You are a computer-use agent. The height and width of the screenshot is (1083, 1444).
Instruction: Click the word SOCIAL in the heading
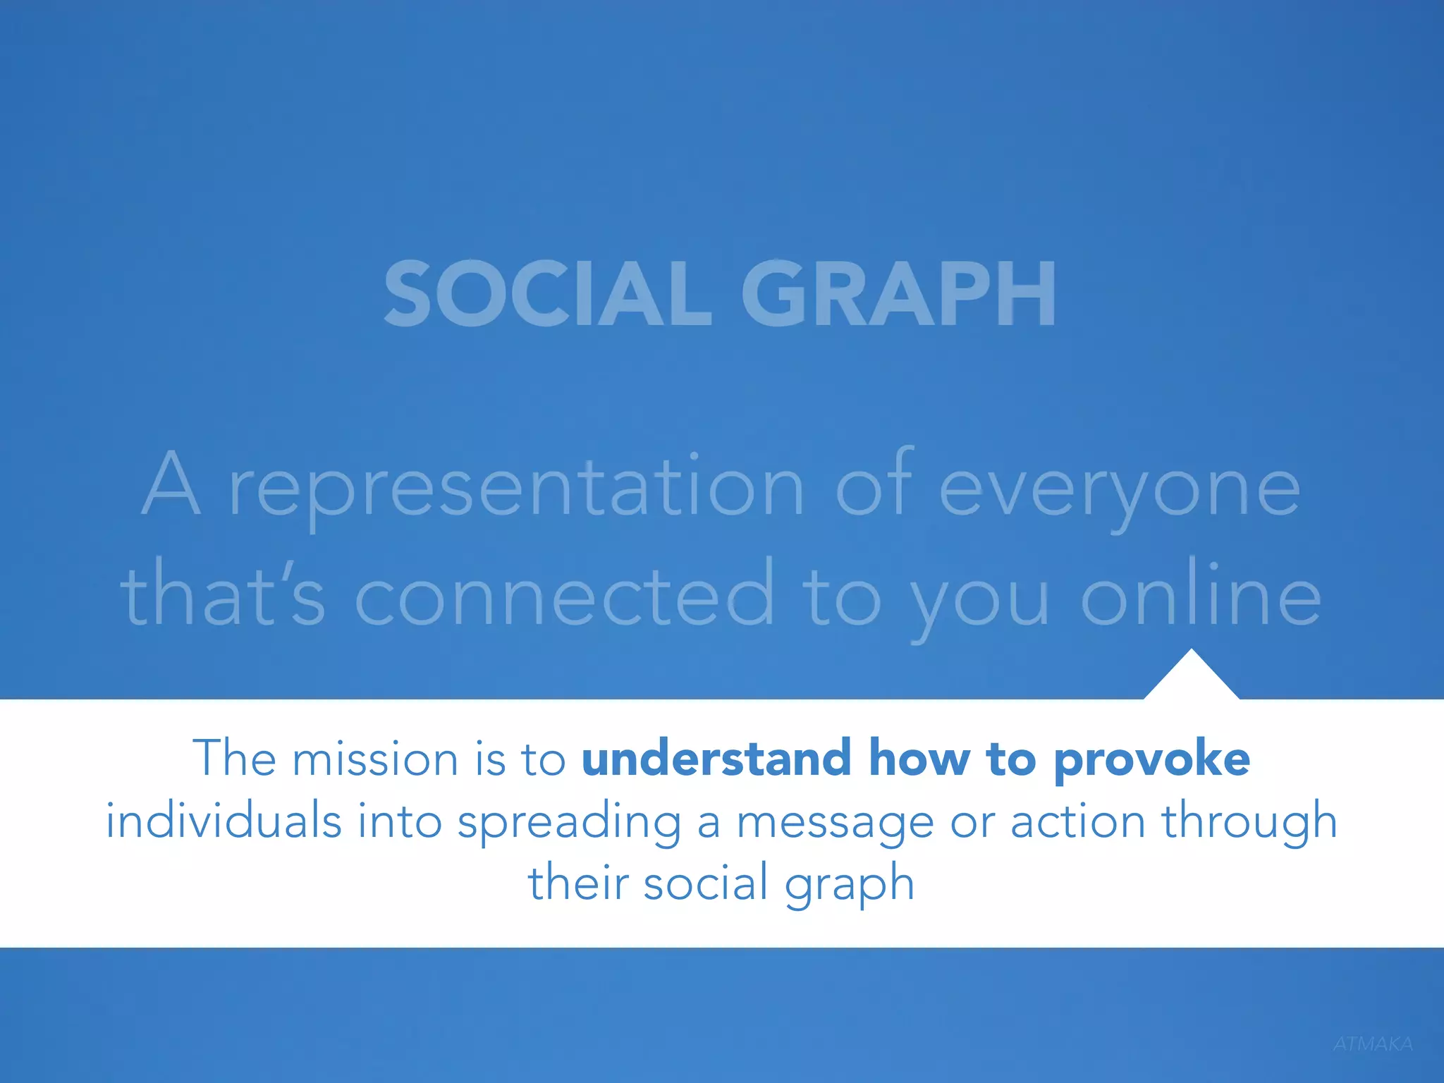(547, 293)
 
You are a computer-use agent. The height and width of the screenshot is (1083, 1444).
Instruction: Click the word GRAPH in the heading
(898, 293)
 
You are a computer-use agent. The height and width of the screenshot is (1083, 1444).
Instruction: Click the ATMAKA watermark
(1372, 1044)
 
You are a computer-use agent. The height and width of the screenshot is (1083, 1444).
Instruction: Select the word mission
(375, 760)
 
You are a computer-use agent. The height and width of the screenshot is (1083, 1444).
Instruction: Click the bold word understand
(716, 759)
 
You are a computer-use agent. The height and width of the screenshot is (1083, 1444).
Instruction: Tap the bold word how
(919, 759)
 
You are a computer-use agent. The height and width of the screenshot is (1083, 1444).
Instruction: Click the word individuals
(224, 821)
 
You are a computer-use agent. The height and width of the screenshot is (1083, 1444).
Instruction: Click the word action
(1077, 821)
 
